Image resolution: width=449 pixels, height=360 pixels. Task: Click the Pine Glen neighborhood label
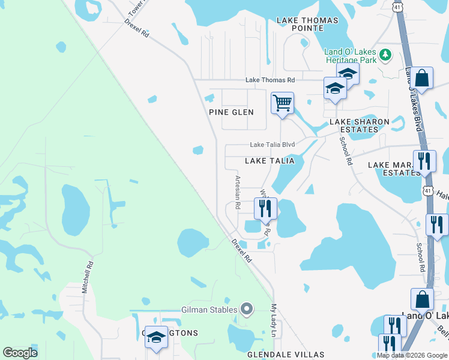pyautogui.click(x=231, y=112)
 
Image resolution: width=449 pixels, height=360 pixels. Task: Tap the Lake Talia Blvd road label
pyautogui.click(x=273, y=145)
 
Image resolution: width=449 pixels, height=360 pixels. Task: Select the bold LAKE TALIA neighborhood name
pyautogui.click(x=270, y=161)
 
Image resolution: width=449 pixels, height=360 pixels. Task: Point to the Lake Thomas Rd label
pyautogui.click(x=270, y=80)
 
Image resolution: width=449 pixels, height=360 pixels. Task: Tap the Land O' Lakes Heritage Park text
pyautogui.click(x=351, y=56)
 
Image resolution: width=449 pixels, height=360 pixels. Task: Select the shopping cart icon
pyautogui.click(x=282, y=103)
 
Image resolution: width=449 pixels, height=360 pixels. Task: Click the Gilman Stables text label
pyautogui.click(x=210, y=310)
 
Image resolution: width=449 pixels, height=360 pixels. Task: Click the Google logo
pyautogui.click(x=20, y=353)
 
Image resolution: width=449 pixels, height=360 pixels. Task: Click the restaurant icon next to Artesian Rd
pyautogui.click(x=265, y=209)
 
